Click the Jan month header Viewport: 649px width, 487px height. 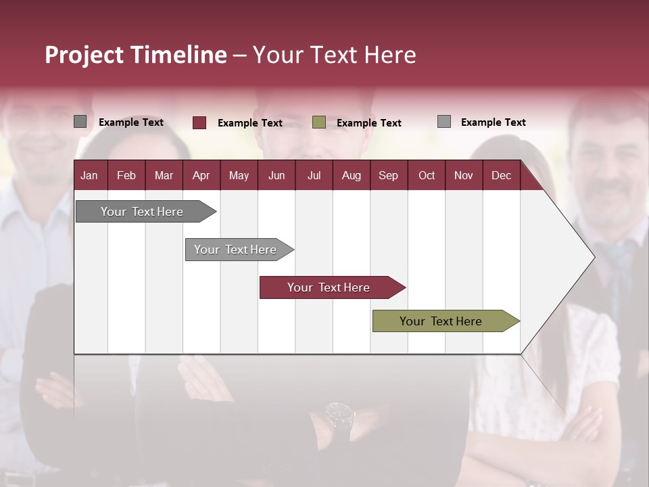(89, 176)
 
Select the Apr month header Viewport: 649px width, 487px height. (201, 176)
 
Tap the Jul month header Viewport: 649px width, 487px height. (314, 176)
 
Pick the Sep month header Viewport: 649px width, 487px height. (388, 176)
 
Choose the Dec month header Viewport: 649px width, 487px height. (501, 176)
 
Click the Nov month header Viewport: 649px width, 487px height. (463, 176)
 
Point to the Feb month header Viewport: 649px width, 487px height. (126, 176)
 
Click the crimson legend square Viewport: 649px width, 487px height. (199, 122)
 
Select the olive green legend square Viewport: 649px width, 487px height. (319, 122)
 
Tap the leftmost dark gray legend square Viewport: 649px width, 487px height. (80, 122)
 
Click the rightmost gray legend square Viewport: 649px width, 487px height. (444, 122)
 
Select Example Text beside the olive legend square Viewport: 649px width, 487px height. (369, 123)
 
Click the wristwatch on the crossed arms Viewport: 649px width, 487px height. (339, 414)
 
